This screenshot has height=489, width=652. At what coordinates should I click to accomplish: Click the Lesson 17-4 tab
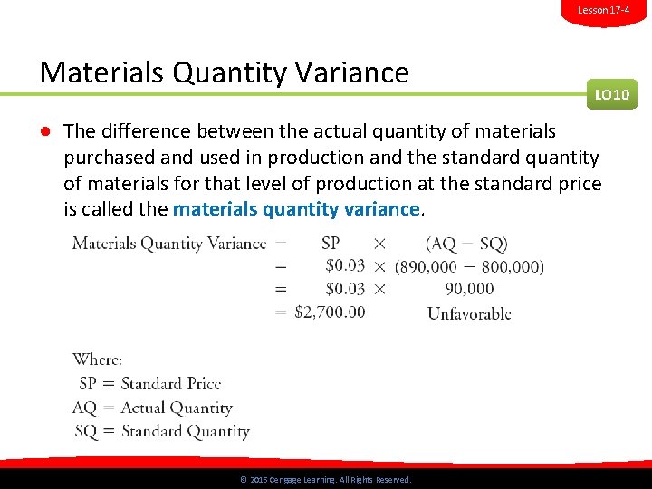[603, 10]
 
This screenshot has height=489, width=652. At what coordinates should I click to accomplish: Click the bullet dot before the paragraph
[43, 132]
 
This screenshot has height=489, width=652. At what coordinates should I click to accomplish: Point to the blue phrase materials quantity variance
[296, 209]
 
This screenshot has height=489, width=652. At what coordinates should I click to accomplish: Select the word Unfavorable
[468, 313]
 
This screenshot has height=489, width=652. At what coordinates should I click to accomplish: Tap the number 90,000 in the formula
[469, 289]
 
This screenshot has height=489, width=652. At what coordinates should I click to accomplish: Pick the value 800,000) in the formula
[513, 266]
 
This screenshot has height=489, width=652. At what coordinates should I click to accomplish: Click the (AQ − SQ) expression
[466, 243]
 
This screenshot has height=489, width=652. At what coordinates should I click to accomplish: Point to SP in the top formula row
[331, 243]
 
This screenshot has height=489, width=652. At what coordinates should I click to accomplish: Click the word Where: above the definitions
[97, 360]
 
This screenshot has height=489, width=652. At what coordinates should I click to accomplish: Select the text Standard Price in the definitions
[170, 383]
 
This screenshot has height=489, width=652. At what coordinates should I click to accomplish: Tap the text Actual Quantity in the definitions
[177, 407]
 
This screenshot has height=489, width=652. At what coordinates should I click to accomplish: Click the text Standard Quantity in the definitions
[185, 431]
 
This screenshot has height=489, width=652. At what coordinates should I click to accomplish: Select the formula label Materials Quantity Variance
[169, 243]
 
